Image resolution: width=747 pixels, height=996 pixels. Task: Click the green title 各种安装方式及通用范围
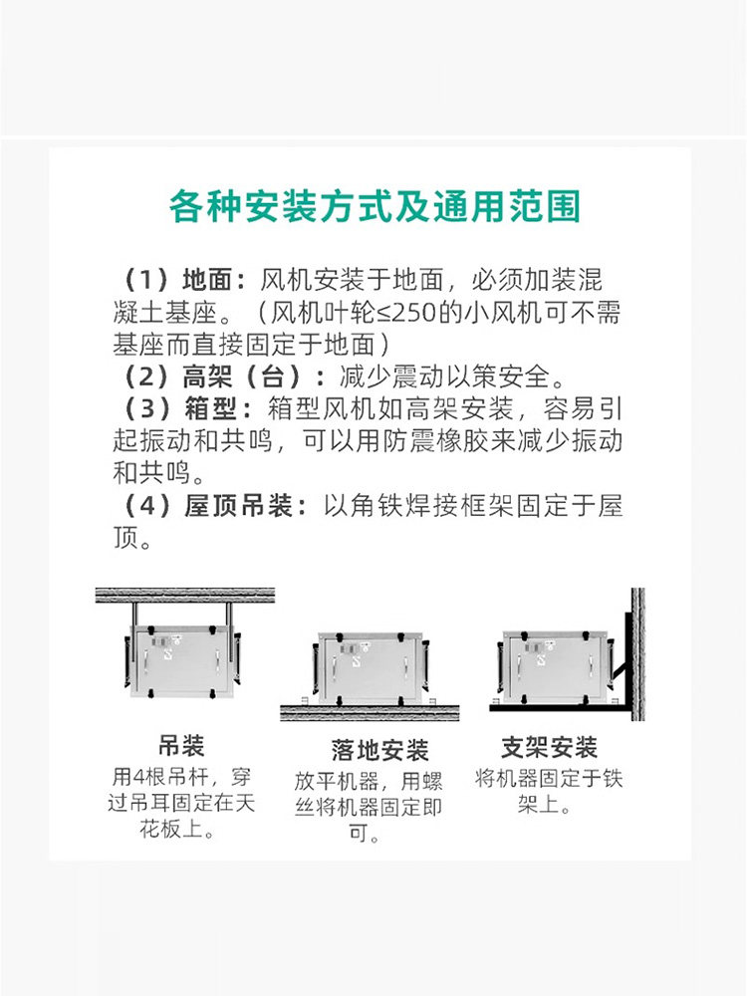point(374,206)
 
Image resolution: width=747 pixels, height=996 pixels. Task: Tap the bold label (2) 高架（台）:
point(223,376)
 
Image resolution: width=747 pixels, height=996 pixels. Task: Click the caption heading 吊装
point(181,746)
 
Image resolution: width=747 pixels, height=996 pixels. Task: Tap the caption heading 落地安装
point(379,750)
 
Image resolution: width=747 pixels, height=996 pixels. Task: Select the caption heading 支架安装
point(549,747)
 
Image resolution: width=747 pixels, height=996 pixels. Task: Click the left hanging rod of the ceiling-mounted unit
point(135,615)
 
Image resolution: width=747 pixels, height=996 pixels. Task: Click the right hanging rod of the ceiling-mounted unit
point(229,615)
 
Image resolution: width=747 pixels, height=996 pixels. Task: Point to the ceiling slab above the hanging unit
point(185,596)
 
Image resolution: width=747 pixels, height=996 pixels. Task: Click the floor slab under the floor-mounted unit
point(370,713)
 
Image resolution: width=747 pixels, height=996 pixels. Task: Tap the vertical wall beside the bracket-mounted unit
point(637,653)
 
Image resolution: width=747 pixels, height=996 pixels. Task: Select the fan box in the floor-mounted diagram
point(370,667)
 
